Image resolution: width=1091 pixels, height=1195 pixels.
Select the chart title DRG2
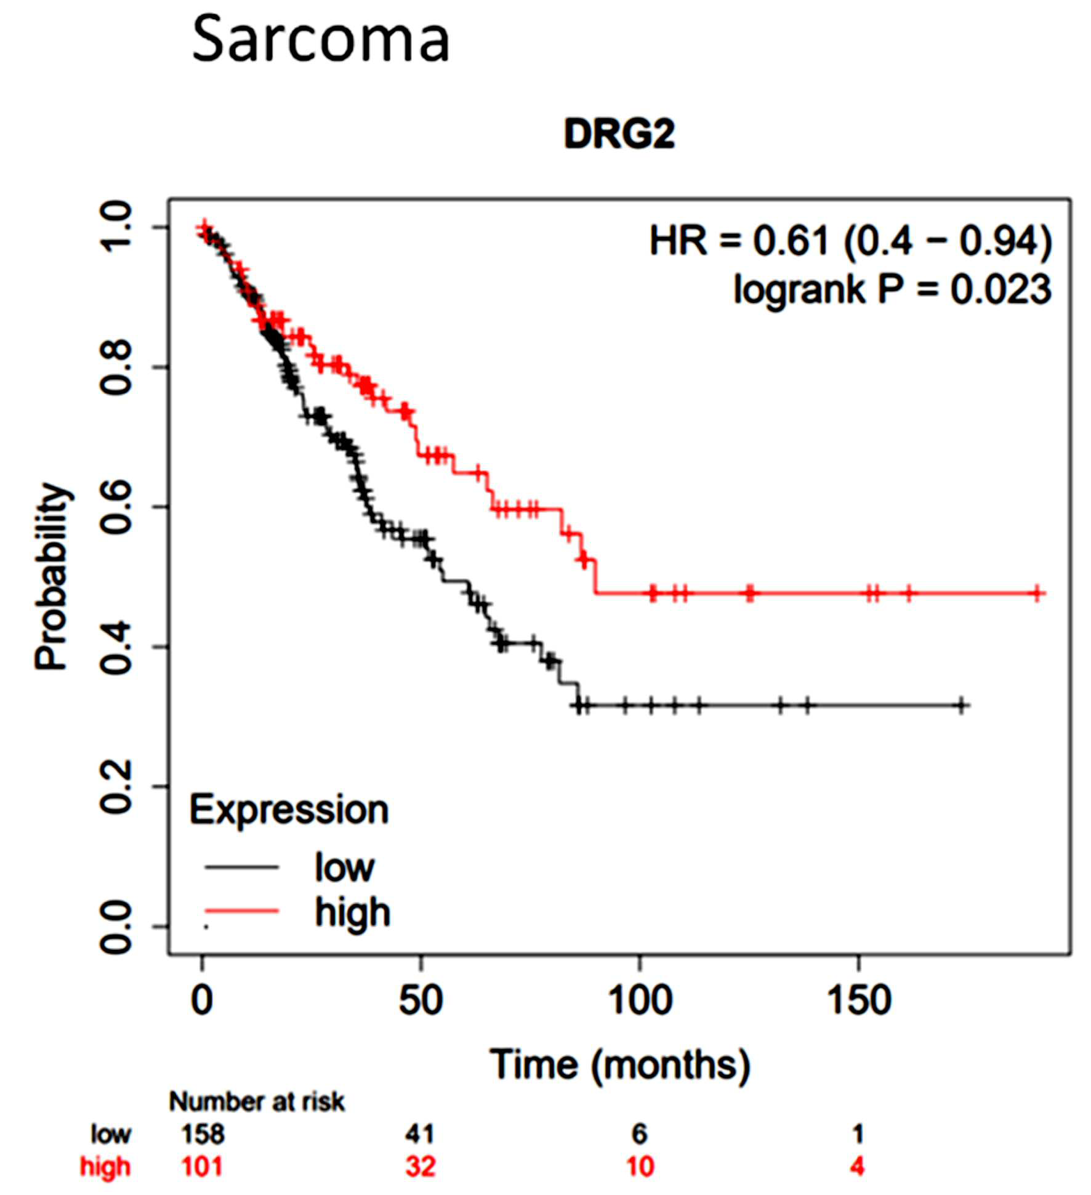tap(619, 134)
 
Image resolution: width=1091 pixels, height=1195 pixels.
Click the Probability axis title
tap(52, 576)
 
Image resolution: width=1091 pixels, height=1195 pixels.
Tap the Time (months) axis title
tap(620, 1065)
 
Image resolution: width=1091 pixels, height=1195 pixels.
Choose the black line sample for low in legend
tap(242, 867)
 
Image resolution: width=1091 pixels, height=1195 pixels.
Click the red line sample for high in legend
tap(242, 911)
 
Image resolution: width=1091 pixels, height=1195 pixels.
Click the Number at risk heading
tap(257, 1102)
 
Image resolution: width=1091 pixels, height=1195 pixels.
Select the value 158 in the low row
tap(203, 1134)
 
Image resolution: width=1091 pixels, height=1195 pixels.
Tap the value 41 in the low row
tap(420, 1134)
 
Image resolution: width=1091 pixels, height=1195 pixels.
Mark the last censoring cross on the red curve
tap(1037, 593)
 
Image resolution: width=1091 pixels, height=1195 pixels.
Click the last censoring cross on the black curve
tap(961, 705)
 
